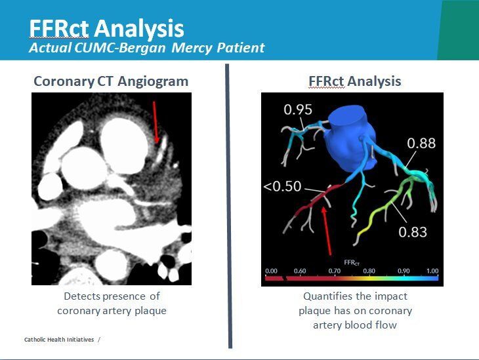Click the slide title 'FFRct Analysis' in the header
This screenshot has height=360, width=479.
(x=106, y=28)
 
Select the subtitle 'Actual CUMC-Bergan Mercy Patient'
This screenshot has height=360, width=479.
(x=147, y=48)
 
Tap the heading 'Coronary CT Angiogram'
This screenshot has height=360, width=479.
(x=111, y=81)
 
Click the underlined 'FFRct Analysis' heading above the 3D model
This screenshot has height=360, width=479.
(x=355, y=81)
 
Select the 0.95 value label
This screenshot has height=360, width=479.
(x=297, y=110)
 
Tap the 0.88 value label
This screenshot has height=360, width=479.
(x=421, y=142)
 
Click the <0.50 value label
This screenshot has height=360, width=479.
(x=282, y=186)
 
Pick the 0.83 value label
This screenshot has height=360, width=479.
(x=411, y=231)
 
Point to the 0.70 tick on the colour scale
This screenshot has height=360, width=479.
(x=334, y=271)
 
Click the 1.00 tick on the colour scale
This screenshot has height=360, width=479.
(x=432, y=271)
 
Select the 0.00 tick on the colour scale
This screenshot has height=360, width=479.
(x=271, y=271)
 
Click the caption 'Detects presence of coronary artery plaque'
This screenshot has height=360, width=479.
(x=112, y=303)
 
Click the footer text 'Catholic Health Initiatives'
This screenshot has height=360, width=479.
(x=59, y=339)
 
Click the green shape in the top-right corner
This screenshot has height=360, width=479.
(x=459, y=30)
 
